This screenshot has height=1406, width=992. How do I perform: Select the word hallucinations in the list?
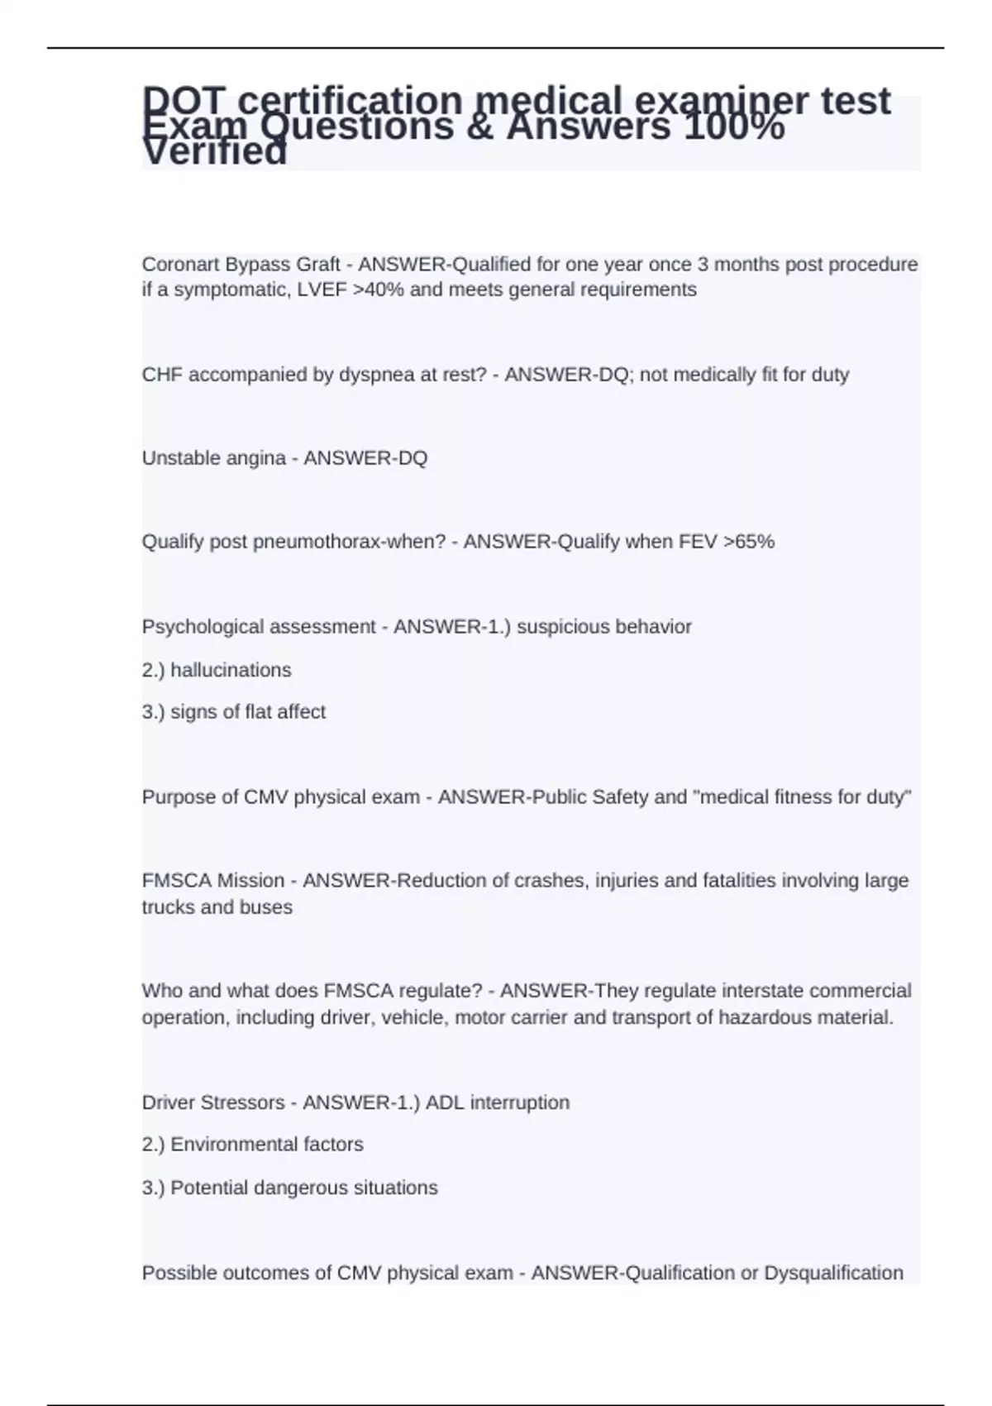pyautogui.click(x=231, y=670)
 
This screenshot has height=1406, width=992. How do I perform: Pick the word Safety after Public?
pyautogui.click(x=624, y=797)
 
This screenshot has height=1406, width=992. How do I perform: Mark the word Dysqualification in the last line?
pyautogui.click(x=833, y=1273)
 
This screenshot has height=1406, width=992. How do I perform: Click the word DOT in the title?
pyautogui.click(x=183, y=101)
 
